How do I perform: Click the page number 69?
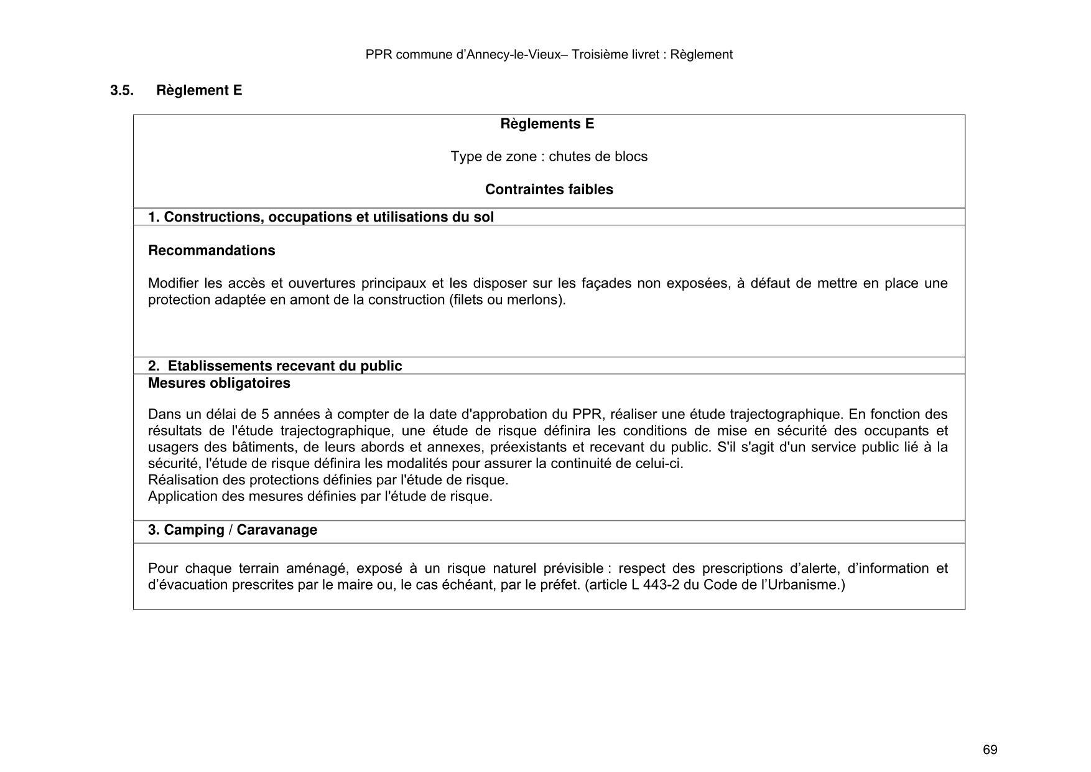(x=990, y=750)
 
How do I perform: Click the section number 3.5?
(x=122, y=90)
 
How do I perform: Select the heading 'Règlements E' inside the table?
(x=547, y=124)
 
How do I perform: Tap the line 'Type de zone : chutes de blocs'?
(x=549, y=156)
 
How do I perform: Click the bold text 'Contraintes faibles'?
(x=549, y=189)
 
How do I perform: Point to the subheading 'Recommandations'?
(x=211, y=250)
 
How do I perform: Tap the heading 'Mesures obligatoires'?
(x=219, y=383)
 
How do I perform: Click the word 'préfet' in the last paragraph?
(x=557, y=585)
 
